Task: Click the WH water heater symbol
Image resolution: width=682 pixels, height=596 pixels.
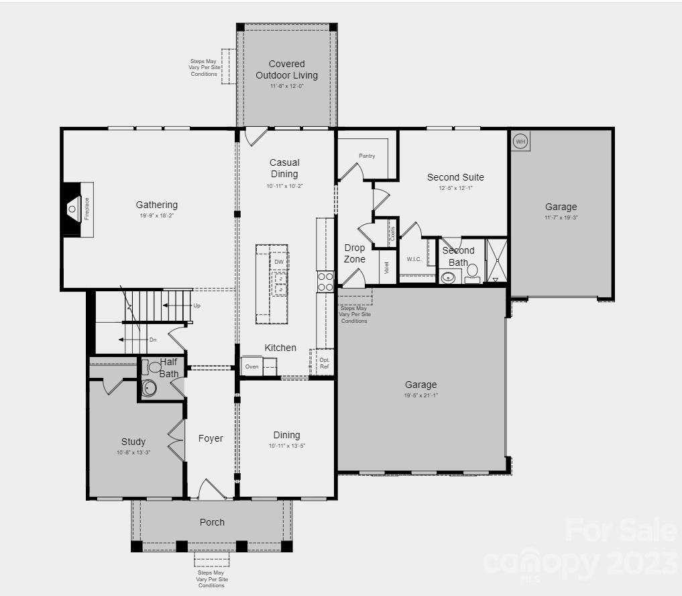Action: pyautogui.click(x=520, y=142)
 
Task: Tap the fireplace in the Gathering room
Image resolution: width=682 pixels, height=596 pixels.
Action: pyautogui.click(x=76, y=209)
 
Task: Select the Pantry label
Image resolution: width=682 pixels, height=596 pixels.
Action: pyautogui.click(x=367, y=156)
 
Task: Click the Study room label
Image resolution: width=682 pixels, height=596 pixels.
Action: pyautogui.click(x=133, y=442)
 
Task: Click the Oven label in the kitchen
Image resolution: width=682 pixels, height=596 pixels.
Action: pyautogui.click(x=252, y=366)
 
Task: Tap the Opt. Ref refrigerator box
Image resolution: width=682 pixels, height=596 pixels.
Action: pyautogui.click(x=324, y=363)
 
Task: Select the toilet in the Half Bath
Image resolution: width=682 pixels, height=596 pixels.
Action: pyautogui.click(x=153, y=367)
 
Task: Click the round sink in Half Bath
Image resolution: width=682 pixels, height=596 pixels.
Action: pyautogui.click(x=148, y=388)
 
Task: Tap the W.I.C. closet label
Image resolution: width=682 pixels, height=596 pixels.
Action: pyautogui.click(x=414, y=259)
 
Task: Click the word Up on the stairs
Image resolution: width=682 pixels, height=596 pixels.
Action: pyautogui.click(x=196, y=305)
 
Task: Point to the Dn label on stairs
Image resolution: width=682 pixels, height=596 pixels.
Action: pyautogui.click(x=153, y=340)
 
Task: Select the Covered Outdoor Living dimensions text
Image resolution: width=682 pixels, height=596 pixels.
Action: pyautogui.click(x=287, y=87)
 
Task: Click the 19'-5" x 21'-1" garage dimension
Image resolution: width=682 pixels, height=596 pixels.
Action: pyautogui.click(x=421, y=395)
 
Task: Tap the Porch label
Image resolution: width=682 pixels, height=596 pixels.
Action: pyautogui.click(x=212, y=522)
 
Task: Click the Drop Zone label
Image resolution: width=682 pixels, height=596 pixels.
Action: pyautogui.click(x=355, y=254)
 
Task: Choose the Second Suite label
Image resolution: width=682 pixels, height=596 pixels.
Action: pyautogui.click(x=455, y=177)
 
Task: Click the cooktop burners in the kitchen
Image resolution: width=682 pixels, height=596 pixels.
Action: pyautogui.click(x=325, y=282)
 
